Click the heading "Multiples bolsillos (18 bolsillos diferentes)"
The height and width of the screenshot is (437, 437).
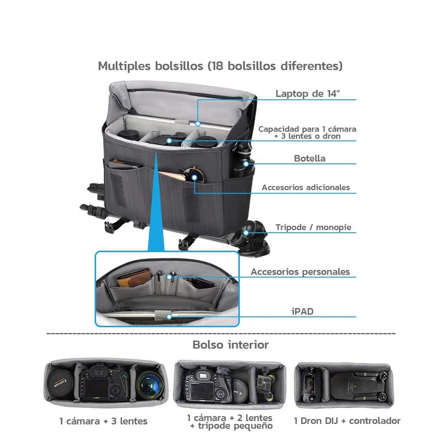[220, 66]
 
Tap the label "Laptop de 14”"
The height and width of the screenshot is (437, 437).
[308, 93]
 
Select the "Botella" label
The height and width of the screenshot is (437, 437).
[310, 158]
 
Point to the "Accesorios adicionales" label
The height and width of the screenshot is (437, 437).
[306, 187]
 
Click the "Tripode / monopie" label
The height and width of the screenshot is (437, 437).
[313, 227]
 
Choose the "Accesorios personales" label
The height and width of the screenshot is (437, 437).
[300, 271]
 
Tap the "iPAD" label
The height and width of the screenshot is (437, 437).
[303, 311]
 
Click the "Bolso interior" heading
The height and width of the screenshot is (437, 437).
[231, 345]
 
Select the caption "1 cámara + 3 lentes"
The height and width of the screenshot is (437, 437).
[103, 421]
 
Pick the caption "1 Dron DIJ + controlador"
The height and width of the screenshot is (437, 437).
[347, 421]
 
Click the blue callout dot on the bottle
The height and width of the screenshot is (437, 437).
[246, 163]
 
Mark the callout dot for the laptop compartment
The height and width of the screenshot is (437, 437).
[198, 123]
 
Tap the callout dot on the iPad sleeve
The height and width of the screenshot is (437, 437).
[169, 317]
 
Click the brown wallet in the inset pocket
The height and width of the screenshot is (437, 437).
[134, 277]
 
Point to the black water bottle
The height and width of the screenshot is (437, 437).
[243, 162]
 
